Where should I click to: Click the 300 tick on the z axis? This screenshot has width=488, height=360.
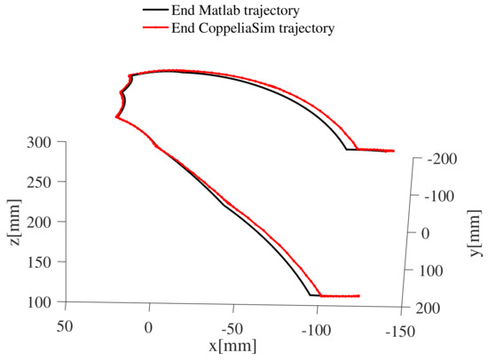point(42,143)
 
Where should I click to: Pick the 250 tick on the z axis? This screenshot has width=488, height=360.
point(42,183)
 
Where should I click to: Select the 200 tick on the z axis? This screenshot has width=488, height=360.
point(42,223)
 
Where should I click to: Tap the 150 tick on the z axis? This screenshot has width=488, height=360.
point(42,262)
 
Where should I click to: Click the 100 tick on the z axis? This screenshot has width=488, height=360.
point(42,302)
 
